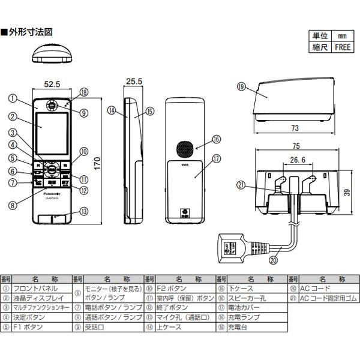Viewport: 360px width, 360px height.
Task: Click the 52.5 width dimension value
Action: (x=53, y=84)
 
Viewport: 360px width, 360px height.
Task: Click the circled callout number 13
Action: (x=83, y=211)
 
